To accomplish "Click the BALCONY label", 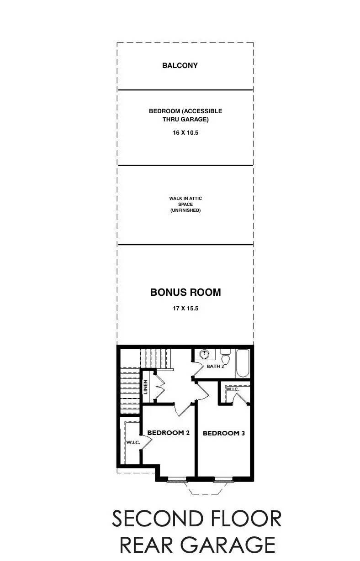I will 180,66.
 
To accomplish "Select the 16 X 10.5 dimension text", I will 185,133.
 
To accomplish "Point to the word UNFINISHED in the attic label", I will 185,210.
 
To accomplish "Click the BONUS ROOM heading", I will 185,293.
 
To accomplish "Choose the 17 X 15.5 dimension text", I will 185,309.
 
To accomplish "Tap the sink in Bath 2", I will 204,354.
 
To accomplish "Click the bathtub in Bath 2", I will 243,363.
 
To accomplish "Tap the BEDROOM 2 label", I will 168,433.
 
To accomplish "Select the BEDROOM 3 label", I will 223,433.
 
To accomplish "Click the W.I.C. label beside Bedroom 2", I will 133,442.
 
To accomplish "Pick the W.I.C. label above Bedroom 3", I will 233,389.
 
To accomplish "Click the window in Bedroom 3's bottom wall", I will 222,479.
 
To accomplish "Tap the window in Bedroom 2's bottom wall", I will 177,479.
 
